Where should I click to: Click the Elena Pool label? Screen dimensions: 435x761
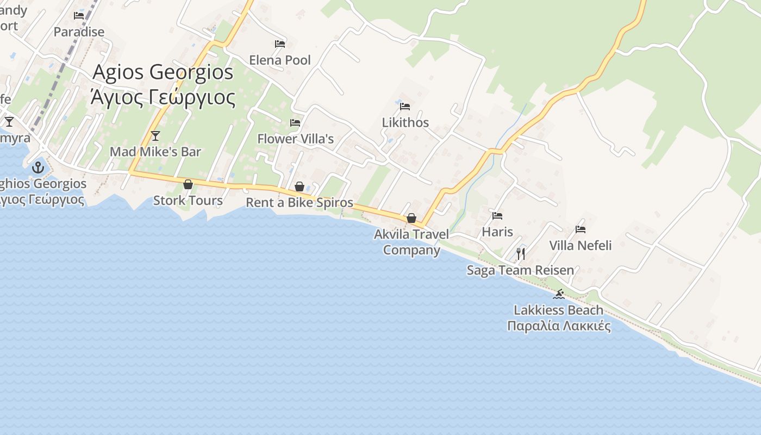[x=280, y=60]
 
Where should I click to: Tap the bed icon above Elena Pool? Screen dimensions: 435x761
[x=280, y=44]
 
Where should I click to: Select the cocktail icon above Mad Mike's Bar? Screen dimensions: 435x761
[x=155, y=135]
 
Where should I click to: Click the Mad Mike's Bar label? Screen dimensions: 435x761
[x=155, y=152]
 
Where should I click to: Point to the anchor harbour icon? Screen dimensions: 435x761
[x=38, y=167]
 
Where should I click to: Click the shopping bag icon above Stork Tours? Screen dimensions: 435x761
[x=188, y=185]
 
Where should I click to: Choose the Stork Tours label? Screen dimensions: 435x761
[x=188, y=201]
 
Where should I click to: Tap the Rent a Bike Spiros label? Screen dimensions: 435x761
[x=300, y=203]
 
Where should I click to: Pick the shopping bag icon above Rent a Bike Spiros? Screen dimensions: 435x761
[x=300, y=187]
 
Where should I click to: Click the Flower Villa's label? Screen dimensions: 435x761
[x=295, y=139]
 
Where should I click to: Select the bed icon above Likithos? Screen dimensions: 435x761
[x=405, y=106]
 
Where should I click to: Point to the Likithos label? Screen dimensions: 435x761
[x=406, y=122]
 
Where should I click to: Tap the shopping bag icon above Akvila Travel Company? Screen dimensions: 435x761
[x=411, y=218]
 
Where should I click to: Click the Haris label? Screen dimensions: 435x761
[x=497, y=232]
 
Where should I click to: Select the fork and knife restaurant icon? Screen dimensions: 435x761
[x=521, y=253]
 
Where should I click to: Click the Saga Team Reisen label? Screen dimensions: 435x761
[x=520, y=270]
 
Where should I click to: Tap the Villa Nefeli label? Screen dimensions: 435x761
[x=581, y=245]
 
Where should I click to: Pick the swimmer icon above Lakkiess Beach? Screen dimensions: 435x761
[x=558, y=294]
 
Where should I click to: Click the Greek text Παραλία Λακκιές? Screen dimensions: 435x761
[x=559, y=326]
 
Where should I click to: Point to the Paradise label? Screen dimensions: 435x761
[x=79, y=32]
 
